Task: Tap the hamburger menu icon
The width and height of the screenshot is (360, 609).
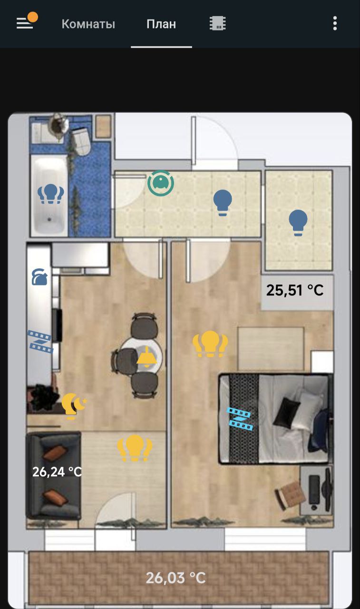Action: point(25,23)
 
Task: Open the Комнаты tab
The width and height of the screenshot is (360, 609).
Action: point(88,24)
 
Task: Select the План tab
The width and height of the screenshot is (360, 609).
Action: point(161,24)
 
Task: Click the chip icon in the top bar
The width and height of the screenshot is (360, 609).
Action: point(218,23)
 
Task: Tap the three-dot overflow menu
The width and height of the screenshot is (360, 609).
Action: point(335,23)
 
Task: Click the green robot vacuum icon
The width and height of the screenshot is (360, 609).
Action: point(161,183)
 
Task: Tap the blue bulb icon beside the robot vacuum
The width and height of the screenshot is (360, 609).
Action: point(222,203)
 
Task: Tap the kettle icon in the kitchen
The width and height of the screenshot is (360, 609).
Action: point(39,277)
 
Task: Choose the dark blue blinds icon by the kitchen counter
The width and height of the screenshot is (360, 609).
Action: point(40,341)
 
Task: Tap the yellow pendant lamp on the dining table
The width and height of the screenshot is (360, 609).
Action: point(147,356)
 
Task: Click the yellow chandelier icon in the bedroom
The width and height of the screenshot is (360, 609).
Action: point(210,344)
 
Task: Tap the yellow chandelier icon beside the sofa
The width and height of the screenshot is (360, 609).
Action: point(135,448)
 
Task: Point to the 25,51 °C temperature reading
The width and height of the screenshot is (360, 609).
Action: point(295,290)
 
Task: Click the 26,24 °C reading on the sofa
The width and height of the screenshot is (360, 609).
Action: point(57,471)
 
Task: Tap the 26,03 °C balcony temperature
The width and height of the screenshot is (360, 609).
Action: point(175,578)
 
